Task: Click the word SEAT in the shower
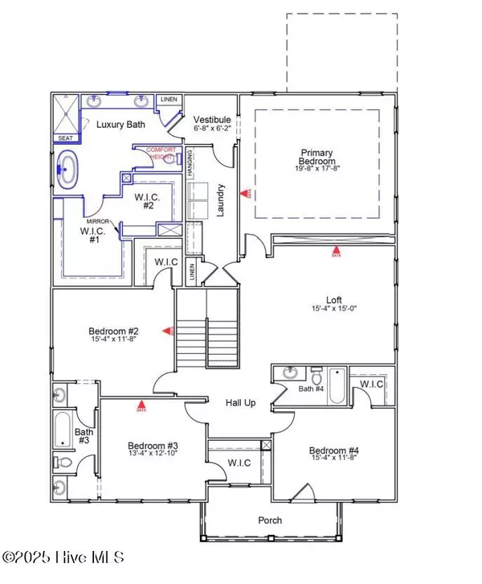pyautogui.click(x=66, y=138)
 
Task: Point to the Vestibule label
pyautogui.click(x=212, y=119)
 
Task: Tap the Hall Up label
pyautogui.click(x=240, y=402)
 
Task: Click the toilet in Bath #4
pyautogui.click(x=317, y=376)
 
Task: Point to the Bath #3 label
pyautogui.click(x=84, y=436)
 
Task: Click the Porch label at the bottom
pyautogui.click(x=270, y=520)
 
